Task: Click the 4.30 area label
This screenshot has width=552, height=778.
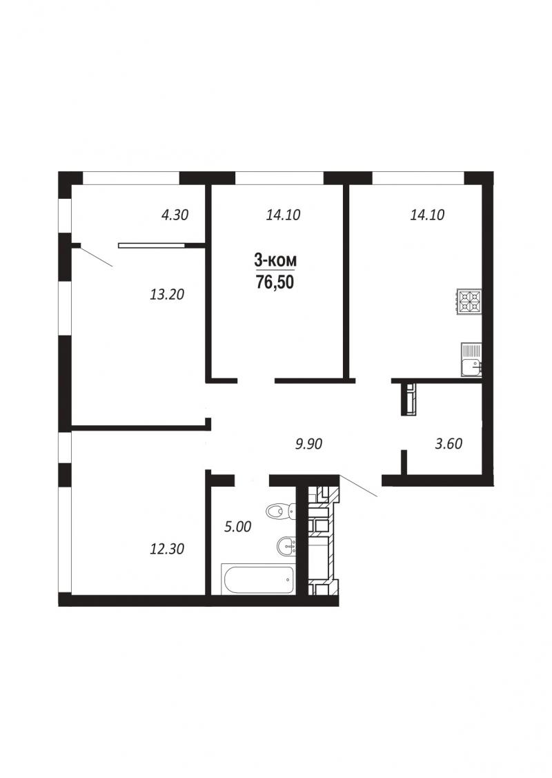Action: coord(175,215)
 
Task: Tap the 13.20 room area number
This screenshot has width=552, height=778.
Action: coord(167,294)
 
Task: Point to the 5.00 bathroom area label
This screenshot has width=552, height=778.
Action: coord(238,527)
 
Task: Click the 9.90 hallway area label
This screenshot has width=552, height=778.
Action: coord(308,444)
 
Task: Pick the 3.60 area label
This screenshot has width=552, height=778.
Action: coord(448,444)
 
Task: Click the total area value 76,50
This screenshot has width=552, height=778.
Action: coord(275,282)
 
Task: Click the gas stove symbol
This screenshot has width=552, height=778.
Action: coord(469,301)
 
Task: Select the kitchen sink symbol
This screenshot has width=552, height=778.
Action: coord(471,360)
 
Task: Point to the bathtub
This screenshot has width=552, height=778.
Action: coord(258,579)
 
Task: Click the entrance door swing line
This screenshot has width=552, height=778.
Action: coord(358,485)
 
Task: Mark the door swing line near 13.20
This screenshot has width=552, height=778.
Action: coord(96,256)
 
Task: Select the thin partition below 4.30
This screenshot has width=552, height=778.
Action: coord(151,244)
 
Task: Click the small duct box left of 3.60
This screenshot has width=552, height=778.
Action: coord(409,400)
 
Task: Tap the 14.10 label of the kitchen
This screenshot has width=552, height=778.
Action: coord(427,215)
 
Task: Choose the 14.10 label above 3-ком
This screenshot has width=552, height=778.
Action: coord(283,215)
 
